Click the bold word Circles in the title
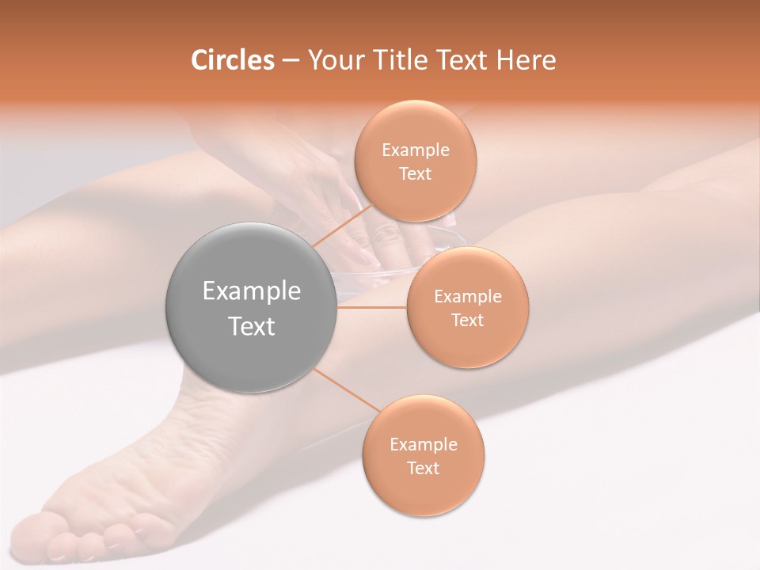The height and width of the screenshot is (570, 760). pos(232,60)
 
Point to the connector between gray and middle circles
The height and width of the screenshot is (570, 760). pos(372,307)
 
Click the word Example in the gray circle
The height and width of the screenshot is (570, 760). pos(252,291)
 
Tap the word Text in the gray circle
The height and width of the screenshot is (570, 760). pos(252,326)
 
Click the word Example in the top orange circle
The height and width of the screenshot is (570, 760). pos(416,150)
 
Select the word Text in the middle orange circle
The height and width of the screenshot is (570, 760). pos(468,321)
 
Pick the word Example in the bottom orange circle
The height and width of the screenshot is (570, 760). pos(424,445)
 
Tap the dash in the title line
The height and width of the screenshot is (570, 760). pos(290,60)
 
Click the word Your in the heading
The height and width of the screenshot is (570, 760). pos(332,60)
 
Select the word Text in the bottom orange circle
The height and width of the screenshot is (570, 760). pos(423,469)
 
